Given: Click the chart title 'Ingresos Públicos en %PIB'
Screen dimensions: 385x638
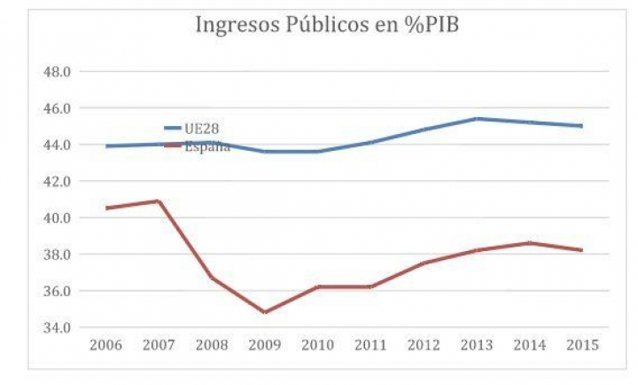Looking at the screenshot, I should (326, 25).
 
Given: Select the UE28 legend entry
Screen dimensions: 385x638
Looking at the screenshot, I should (202, 129).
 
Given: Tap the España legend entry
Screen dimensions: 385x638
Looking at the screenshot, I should (207, 146).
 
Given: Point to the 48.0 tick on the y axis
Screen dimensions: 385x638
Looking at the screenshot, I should (58, 72).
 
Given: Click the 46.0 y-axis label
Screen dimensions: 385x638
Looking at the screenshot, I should (58, 108).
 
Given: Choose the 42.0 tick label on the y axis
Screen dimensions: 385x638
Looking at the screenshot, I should (58, 181).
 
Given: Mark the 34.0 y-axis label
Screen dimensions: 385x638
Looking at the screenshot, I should (58, 327).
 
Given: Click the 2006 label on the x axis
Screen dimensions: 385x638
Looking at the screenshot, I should (106, 344).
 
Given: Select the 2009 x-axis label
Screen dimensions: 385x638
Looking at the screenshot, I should (265, 344).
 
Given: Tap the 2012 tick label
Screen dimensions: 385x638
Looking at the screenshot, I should (424, 344).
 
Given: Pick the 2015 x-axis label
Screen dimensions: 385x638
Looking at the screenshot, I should (581, 344).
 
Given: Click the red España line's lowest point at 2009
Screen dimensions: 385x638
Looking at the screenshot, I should (265, 312).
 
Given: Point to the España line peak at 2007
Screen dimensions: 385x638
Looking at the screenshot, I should (159, 200).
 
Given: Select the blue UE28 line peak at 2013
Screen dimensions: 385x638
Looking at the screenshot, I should (476, 118).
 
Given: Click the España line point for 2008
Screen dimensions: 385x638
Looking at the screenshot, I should (212, 278).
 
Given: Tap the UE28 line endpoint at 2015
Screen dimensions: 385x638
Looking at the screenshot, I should (581, 126).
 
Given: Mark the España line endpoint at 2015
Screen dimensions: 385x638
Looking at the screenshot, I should (581, 250).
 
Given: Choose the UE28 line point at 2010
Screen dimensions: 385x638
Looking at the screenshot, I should (318, 151).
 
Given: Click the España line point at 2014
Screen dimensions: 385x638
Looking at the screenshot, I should (529, 242).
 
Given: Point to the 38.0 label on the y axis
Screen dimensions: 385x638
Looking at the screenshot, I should (58, 255).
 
